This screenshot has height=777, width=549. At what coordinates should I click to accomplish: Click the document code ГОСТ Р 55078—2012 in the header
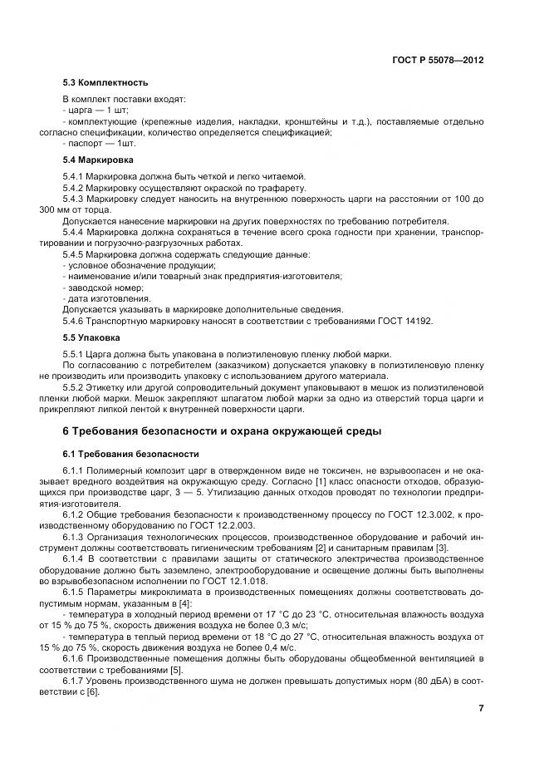[437, 61]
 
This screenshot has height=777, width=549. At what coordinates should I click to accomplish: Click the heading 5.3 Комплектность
[105, 83]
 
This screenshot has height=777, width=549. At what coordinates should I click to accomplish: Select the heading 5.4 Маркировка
[100, 159]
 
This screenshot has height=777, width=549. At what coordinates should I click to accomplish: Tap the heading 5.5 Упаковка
[93, 339]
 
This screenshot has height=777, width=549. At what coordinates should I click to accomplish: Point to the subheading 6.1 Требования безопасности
[131, 455]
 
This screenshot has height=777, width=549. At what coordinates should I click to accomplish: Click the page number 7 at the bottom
[481, 707]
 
